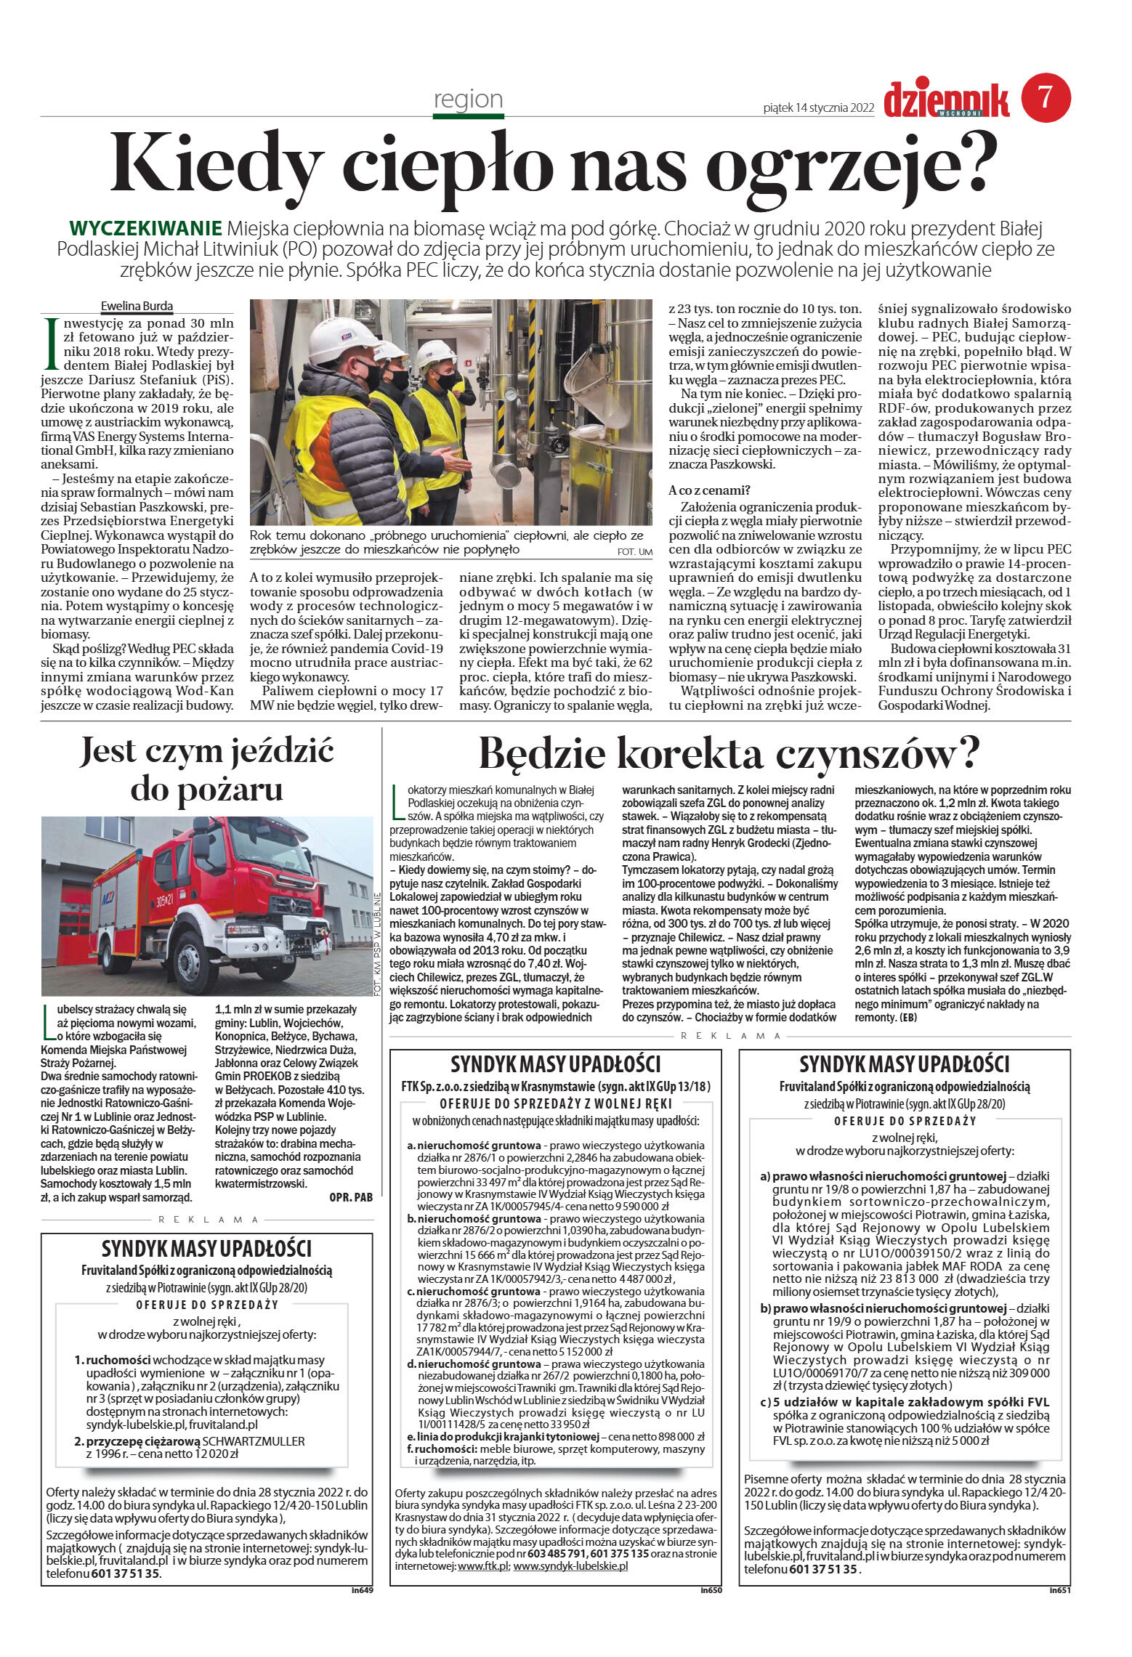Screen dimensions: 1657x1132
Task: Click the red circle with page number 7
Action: click(1046, 98)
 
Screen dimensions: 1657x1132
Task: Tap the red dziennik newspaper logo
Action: click(947, 100)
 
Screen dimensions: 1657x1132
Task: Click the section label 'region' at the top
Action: click(468, 99)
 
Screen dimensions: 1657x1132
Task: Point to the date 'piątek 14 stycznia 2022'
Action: click(818, 108)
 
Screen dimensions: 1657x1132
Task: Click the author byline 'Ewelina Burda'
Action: click(137, 306)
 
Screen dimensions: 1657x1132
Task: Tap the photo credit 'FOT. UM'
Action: click(634, 552)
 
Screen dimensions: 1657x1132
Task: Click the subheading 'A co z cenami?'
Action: click(709, 490)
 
